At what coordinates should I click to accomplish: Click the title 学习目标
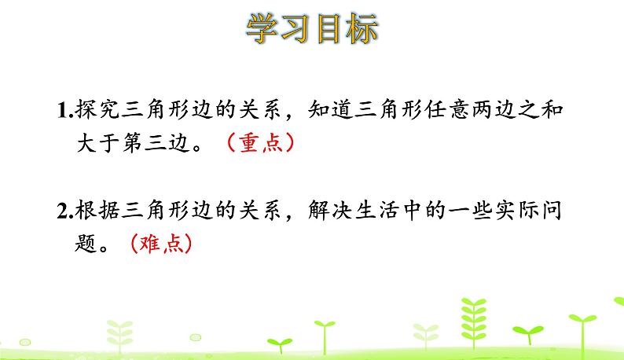tap(312, 28)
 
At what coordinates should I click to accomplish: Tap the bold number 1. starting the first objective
tap(65, 110)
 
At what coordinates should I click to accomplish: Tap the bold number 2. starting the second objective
tap(65, 211)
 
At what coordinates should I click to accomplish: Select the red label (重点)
tap(260, 142)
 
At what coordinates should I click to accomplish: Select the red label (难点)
tap(161, 244)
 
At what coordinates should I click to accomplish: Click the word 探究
tap(97, 109)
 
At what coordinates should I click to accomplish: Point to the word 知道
tap(330, 109)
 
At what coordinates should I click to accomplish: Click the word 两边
tap(494, 109)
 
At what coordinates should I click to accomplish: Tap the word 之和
tap(541, 109)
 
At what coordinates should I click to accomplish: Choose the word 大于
tap(98, 143)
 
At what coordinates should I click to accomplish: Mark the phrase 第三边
tap(156, 143)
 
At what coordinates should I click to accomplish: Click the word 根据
tap(97, 211)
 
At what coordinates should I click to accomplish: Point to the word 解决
tap(330, 211)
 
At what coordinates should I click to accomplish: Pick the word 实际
tap(517, 211)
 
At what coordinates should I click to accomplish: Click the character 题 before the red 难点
tap(86, 244)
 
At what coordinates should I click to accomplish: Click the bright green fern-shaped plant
tap(474, 322)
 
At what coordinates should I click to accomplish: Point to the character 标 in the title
tap(362, 28)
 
